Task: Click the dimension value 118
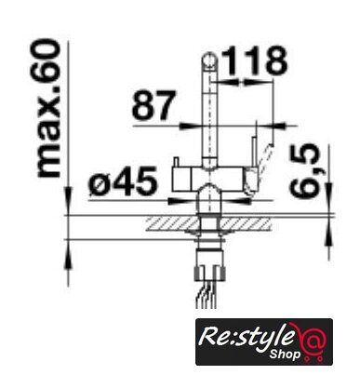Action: tap(254, 61)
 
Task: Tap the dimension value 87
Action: tap(153, 105)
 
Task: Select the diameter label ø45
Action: tap(123, 181)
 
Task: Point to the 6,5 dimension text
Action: tap(304, 170)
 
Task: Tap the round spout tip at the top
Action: tap(210, 60)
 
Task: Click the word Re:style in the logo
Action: tap(246, 338)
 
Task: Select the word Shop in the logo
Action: tap(285, 354)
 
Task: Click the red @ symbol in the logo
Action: tap(310, 339)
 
